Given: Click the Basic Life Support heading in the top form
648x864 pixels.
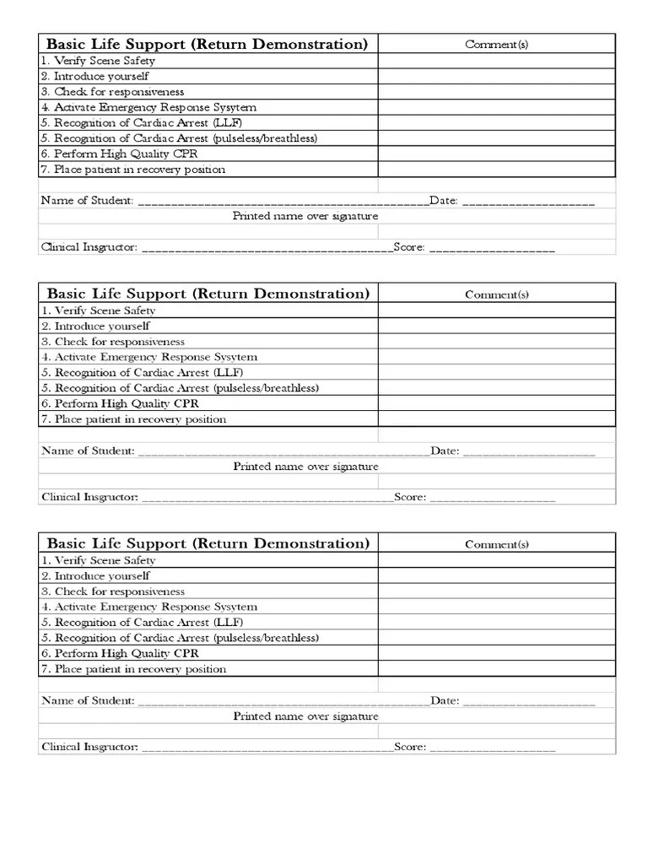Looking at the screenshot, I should (207, 44).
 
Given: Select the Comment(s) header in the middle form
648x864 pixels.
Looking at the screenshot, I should (497, 294).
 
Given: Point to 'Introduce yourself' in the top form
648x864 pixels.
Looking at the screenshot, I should (101, 76).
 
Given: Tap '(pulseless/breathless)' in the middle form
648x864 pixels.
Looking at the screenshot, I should (266, 388).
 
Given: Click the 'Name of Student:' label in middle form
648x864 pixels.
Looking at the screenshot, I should (88, 451).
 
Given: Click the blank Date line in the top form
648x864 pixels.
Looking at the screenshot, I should (528, 202).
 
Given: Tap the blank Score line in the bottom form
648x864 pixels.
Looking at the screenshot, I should (493, 748).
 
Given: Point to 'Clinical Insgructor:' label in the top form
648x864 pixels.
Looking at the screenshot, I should (89, 247).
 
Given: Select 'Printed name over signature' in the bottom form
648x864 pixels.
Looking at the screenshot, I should (305, 716).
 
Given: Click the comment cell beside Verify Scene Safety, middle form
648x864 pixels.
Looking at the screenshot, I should (497, 310).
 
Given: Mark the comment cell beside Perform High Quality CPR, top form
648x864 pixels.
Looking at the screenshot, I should (497, 154).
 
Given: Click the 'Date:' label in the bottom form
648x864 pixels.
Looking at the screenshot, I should (445, 700).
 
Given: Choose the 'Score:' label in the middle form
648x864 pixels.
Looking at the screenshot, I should (410, 497).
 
